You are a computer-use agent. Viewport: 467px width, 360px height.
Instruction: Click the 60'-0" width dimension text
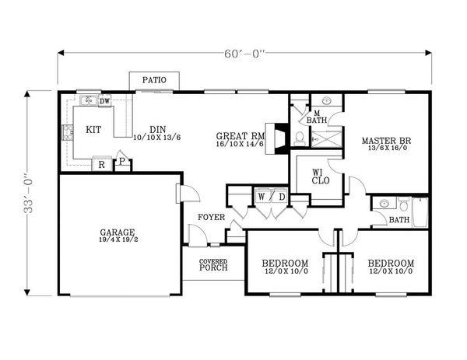coord(244,54)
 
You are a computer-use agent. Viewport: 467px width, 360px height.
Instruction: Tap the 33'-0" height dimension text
coord(29,193)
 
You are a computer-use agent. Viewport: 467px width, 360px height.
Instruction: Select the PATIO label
coord(154,80)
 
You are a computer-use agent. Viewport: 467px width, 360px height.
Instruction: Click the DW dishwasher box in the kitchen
coord(104,101)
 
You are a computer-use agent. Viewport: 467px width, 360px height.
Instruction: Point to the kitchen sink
coord(88,100)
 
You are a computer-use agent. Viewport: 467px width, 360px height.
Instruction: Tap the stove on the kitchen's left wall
coord(68,132)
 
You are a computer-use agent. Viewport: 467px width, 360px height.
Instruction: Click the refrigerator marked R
coord(101,164)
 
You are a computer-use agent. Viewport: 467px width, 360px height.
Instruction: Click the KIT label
coord(93,130)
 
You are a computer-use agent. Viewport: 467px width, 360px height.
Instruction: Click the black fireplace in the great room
coord(281,138)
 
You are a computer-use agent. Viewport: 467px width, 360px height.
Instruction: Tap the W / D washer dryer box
coord(272,197)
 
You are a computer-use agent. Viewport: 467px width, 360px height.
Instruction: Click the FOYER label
coord(212,217)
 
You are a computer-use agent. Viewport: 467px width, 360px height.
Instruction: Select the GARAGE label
coord(118,232)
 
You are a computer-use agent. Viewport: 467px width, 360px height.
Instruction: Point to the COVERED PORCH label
coord(213,265)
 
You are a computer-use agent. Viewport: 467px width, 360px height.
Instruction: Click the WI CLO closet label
coord(321,177)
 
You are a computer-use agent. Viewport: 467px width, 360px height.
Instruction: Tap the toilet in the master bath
coord(299,139)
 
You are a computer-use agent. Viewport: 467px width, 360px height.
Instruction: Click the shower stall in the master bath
coord(326,139)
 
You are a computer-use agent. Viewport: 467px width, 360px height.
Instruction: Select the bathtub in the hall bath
coord(420,212)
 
